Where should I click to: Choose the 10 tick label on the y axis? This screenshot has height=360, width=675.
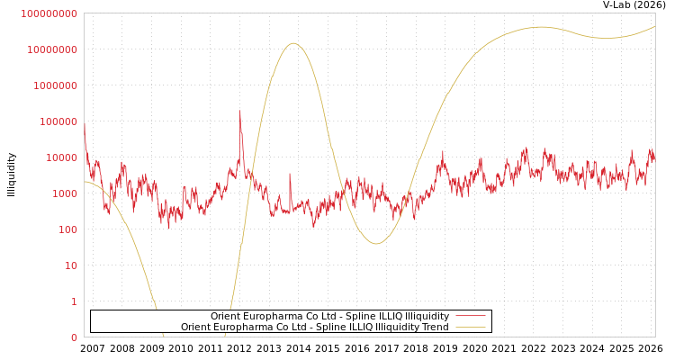coord(69,265)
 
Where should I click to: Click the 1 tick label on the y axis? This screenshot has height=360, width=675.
coord(73,301)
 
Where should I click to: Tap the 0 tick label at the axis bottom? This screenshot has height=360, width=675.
coord(73,337)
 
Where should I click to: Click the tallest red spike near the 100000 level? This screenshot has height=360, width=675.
coord(239,112)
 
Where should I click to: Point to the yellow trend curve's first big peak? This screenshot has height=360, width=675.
coord(292,43)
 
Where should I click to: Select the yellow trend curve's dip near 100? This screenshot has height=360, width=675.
coord(375,243)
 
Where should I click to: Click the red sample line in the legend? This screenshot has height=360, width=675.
coord(470,316)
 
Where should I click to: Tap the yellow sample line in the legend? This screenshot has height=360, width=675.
coord(470,327)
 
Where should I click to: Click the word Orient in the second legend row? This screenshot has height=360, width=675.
coord(195,327)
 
